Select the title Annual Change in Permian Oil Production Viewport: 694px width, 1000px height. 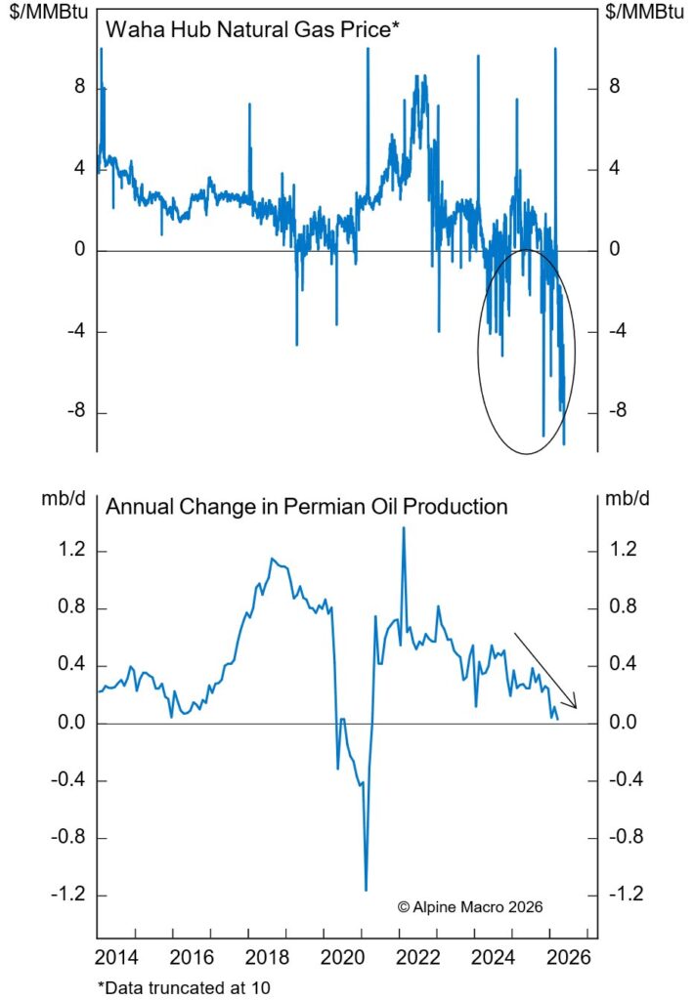point(307,507)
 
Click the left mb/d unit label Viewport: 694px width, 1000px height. point(61,498)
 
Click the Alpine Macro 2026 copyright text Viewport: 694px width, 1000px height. point(470,906)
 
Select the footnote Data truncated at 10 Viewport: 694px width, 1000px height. point(183,985)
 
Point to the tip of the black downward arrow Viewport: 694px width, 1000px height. point(576,708)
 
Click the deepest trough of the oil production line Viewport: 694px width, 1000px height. point(366,890)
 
